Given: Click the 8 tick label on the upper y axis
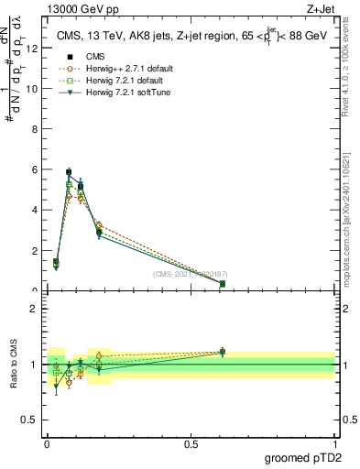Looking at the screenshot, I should [x=33, y=129].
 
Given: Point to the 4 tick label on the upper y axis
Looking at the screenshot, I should [x=33, y=210].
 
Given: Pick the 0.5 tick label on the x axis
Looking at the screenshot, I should [x=191, y=443].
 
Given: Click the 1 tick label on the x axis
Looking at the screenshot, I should [x=334, y=443].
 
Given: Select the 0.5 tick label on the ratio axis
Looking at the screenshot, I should [x=28, y=420].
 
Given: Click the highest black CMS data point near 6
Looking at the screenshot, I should [x=69, y=172].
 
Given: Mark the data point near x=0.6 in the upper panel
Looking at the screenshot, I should [x=223, y=284].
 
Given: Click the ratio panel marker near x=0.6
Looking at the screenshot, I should [x=223, y=352].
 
